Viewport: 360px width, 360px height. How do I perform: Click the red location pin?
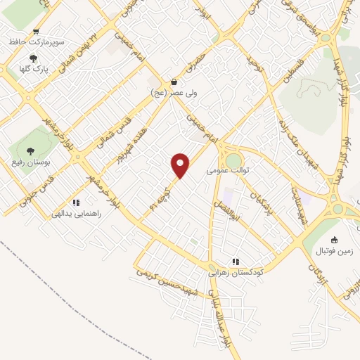point(181,165)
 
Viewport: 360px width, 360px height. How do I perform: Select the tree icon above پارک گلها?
point(33,59)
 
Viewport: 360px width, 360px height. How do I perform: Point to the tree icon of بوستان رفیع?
point(30,150)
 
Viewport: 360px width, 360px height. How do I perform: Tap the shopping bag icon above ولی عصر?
point(174,82)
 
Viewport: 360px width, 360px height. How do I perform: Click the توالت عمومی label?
point(224,170)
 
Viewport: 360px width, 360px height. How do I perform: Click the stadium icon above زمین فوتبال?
point(334,239)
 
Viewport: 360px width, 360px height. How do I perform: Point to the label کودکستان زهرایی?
point(236,271)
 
